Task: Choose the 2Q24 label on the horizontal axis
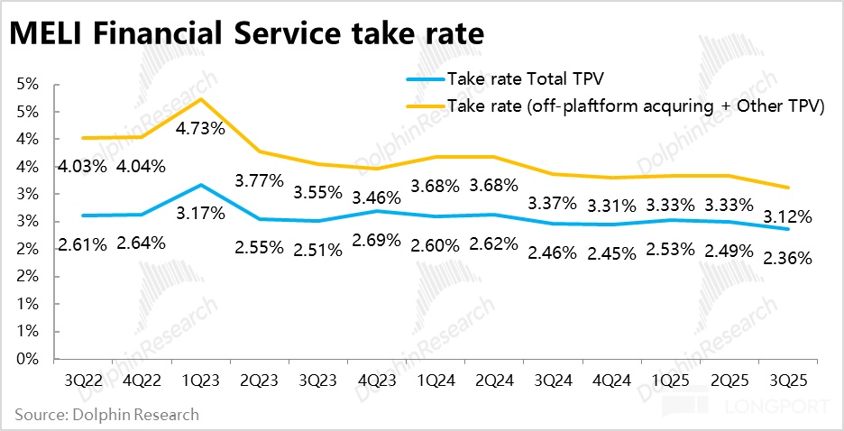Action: click(x=494, y=379)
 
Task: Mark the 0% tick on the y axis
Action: click(x=26, y=359)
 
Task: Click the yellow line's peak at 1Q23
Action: click(x=199, y=98)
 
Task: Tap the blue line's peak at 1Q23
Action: click(x=199, y=185)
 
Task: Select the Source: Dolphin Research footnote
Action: click(x=106, y=415)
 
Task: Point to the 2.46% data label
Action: click(x=553, y=252)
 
